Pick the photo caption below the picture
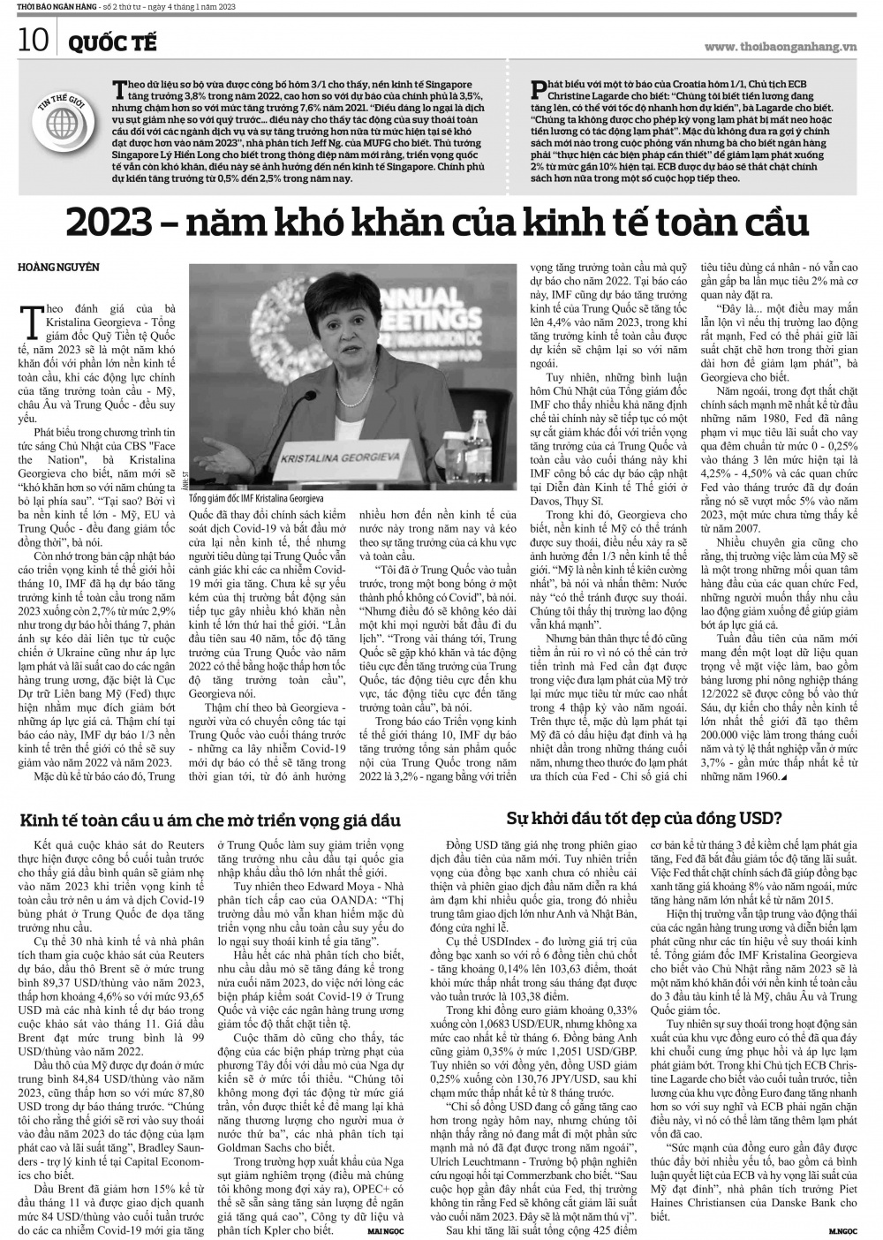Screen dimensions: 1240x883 coord(255,498)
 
